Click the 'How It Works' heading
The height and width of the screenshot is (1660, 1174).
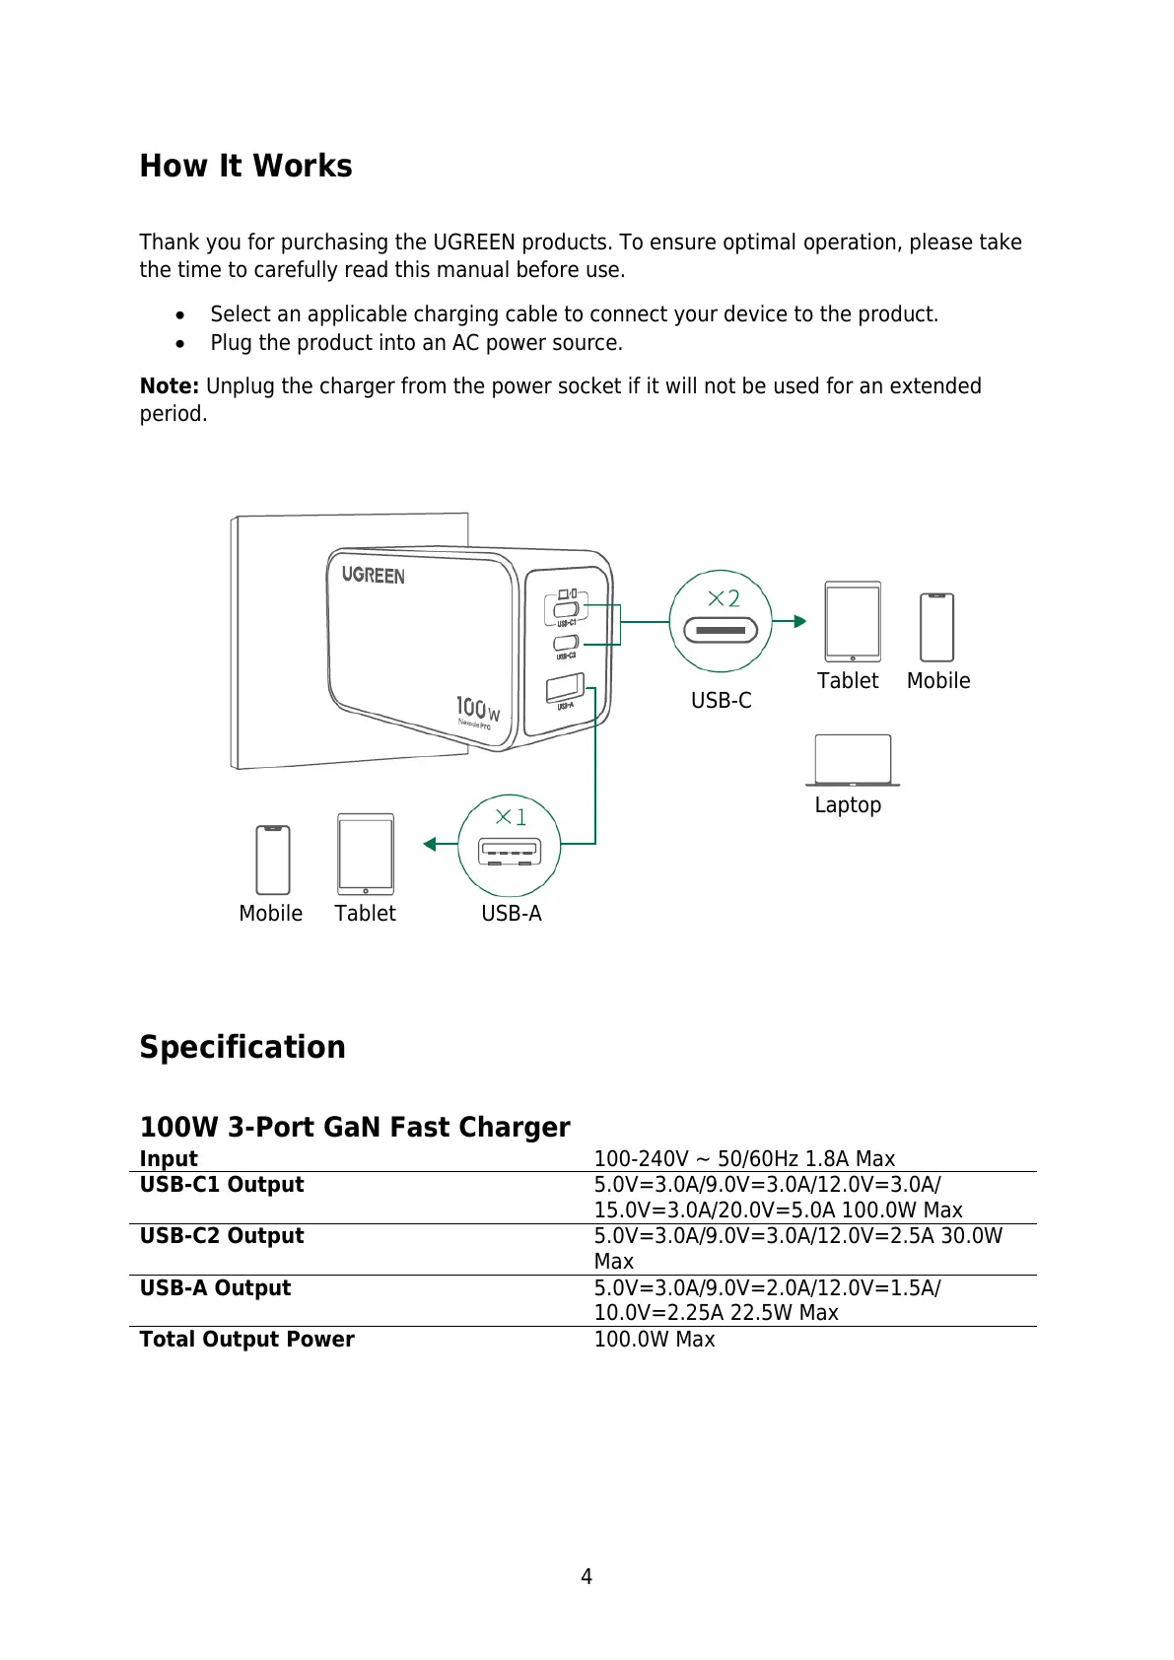pos(245,166)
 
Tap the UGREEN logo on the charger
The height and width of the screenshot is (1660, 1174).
pos(373,575)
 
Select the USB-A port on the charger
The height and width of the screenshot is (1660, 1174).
pos(565,687)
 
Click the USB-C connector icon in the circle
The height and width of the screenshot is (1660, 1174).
pos(721,629)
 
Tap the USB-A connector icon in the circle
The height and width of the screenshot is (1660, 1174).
pos(509,851)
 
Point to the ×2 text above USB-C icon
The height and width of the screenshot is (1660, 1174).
pos(724,598)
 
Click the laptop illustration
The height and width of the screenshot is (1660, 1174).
pos(853,760)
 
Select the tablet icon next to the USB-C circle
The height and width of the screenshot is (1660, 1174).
pos(853,622)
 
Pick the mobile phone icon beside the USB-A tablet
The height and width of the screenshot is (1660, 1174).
pos(273,860)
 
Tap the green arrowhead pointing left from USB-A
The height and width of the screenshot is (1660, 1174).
pos(430,844)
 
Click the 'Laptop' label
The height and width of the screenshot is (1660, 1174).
pos(848,805)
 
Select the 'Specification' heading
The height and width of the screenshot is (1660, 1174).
pos(242,1047)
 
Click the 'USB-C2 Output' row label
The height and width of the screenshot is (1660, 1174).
pos(222,1236)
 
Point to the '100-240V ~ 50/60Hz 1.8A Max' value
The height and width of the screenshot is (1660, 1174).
pos(744,1159)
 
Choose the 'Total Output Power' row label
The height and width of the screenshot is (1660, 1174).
pos(246,1340)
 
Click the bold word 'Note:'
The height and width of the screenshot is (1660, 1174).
pos(170,386)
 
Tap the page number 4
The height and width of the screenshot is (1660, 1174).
pos(587,1577)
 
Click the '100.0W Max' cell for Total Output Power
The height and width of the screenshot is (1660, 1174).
pos(655,1340)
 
